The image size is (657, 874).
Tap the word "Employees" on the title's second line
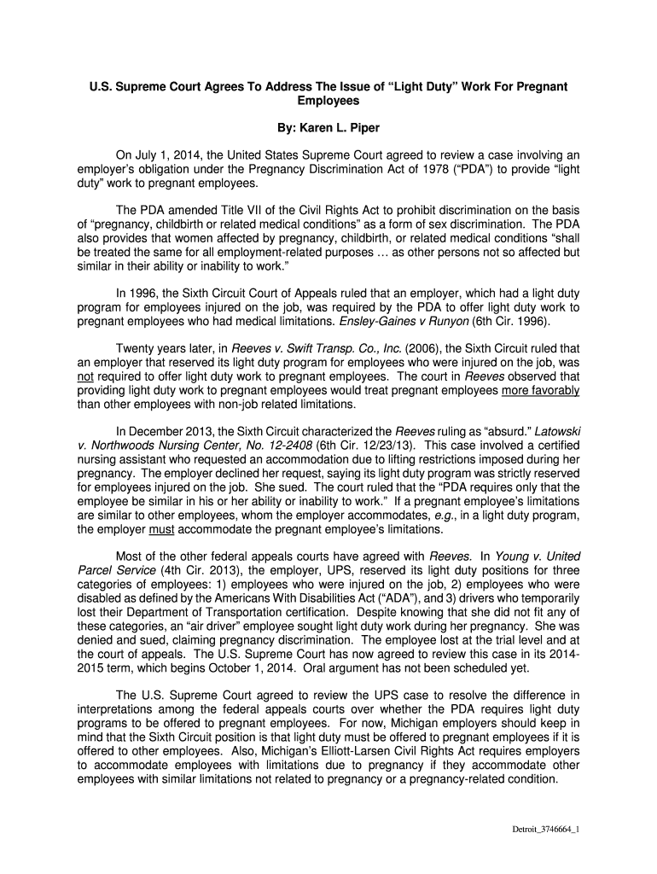328,101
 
